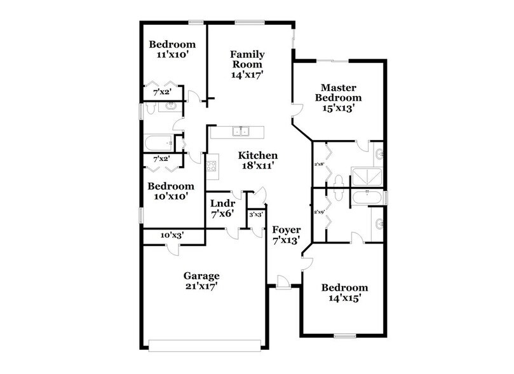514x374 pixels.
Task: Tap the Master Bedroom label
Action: (341, 93)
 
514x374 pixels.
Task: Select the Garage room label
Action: (201, 276)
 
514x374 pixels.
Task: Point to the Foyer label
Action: (286, 229)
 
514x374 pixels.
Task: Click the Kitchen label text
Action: (258, 155)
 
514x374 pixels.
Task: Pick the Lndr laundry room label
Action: (223, 204)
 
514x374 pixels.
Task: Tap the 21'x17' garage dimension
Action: (201, 286)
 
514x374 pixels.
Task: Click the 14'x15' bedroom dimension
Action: (344, 298)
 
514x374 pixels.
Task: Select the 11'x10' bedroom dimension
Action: (172, 55)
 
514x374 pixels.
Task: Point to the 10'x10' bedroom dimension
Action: (170, 197)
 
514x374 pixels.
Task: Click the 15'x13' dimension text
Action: (341, 108)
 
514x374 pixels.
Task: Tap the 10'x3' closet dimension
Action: (173, 235)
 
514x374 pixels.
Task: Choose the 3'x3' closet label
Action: (256, 215)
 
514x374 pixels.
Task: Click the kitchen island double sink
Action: (241, 132)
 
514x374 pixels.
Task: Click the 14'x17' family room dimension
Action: (247, 74)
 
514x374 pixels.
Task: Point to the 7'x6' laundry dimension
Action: (223, 214)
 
